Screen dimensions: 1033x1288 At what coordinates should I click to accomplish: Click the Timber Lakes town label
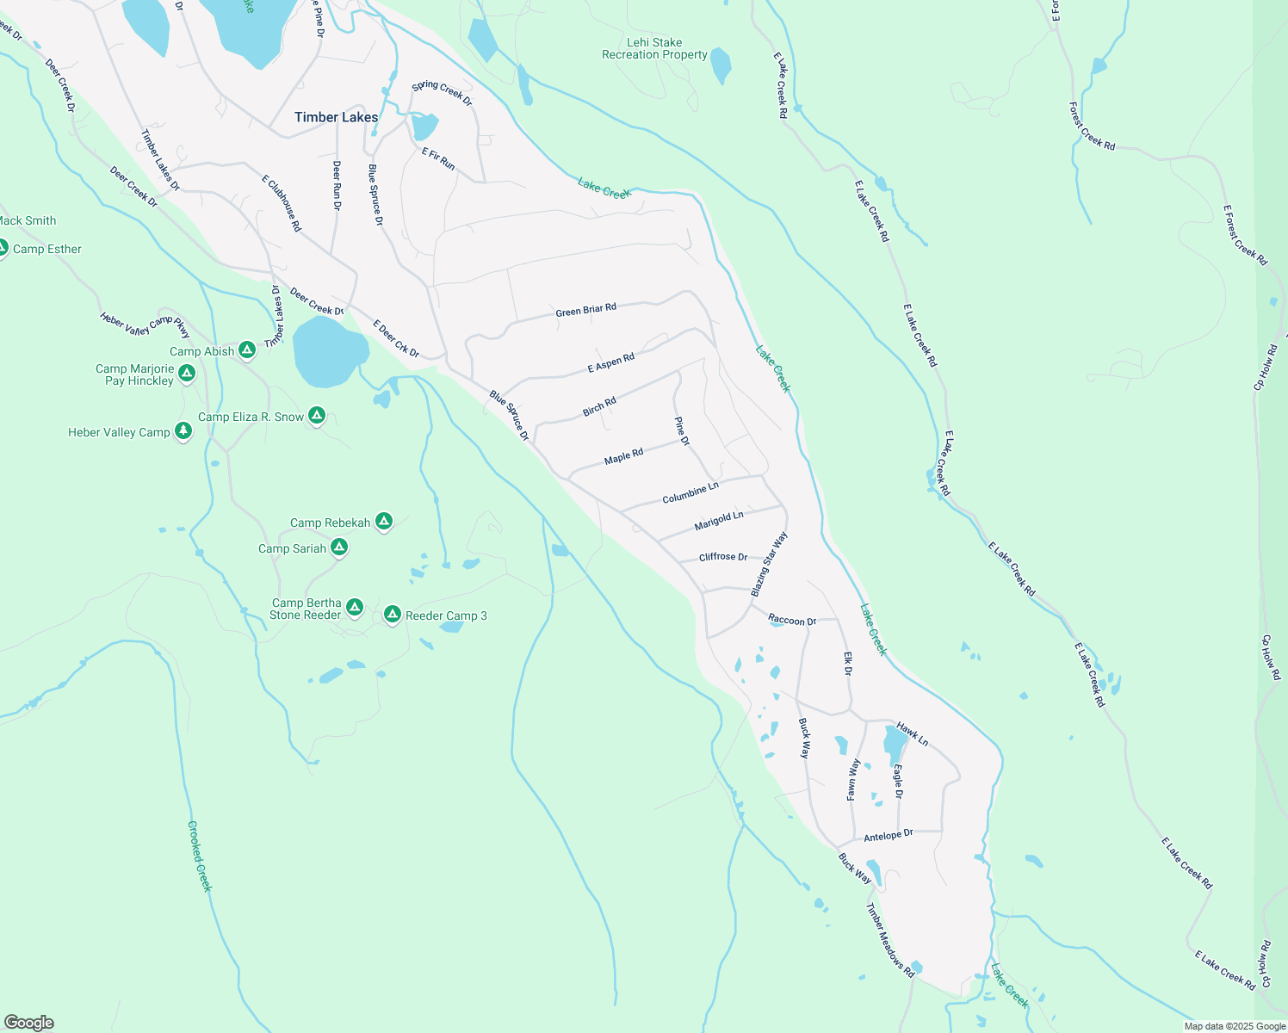pos(336,117)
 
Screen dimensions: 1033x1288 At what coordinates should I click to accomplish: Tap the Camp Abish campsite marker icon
pos(247,349)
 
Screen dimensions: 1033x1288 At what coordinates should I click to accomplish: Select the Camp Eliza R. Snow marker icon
pos(317,415)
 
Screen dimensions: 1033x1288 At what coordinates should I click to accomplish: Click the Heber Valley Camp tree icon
pos(183,430)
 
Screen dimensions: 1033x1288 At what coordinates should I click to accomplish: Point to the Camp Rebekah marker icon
pos(384,521)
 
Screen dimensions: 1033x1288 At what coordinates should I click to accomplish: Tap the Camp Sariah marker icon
pos(339,547)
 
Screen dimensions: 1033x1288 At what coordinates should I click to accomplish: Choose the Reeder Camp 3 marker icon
pos(393,614)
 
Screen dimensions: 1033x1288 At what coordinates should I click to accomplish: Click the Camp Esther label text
pos(47,250)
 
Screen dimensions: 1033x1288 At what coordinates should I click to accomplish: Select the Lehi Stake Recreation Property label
pos(654,49)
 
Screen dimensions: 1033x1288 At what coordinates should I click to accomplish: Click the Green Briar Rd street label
pos(585,310)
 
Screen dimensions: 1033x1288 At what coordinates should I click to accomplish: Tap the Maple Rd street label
pos(623,456)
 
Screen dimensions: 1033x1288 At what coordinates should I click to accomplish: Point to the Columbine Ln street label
pos(690,493)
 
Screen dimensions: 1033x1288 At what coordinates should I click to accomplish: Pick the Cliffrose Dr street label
pos(723,557)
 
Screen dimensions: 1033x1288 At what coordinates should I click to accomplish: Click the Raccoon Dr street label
pos(792,621)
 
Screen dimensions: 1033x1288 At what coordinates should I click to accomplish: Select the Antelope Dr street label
pos(888,836)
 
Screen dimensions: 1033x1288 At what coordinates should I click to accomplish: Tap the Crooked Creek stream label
pos(199,856)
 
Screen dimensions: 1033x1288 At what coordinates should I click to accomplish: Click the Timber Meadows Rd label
pos(890,940)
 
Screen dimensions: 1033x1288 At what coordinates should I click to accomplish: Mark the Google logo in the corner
pos(29,1023)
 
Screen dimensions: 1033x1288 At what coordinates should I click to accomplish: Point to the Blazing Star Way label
pos(769,565)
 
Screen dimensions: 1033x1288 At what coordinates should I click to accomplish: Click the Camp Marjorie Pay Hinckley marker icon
pos(187,374)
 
